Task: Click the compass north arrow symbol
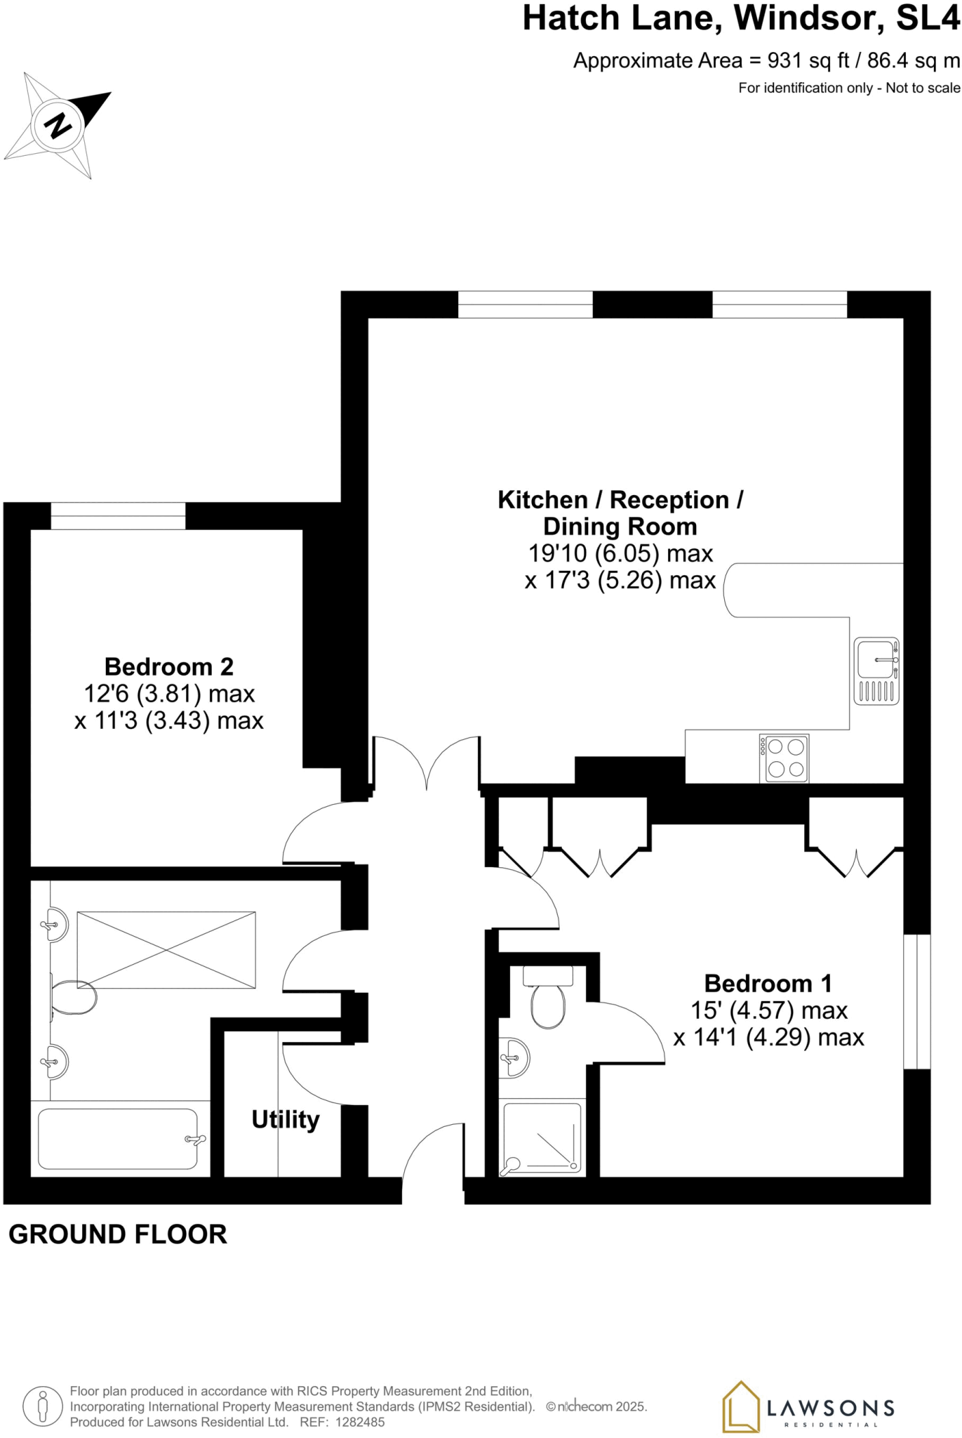(58, 125)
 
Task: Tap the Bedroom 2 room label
(168, 666)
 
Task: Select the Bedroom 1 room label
(768, 983)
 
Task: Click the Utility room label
(286, 1119)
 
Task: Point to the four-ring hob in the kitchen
(784, 758)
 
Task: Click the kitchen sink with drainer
(876, 671)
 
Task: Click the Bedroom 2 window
(118, 516)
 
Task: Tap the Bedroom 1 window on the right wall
(916, 1001)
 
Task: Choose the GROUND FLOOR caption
(118, 1234)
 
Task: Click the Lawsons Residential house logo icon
(741, 1406)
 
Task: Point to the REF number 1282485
(359, 1422)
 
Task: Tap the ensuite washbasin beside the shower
(516, 1057)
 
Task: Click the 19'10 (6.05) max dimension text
(620, 553)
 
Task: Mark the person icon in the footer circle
(43, 1406)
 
